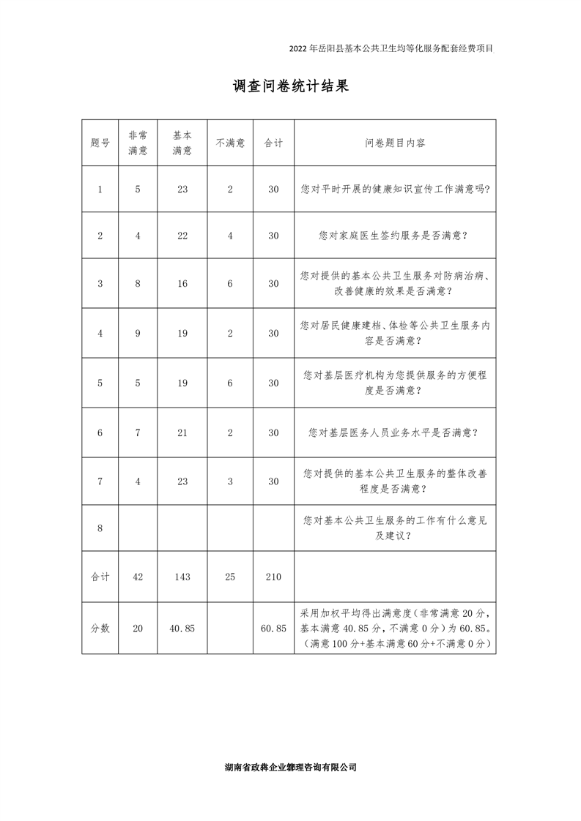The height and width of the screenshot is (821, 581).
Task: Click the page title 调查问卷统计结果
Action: [290, 86]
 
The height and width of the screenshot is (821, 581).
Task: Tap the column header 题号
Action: [100, 143]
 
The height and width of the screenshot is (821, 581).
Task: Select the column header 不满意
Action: [230, 143]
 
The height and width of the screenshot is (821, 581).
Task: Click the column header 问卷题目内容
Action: [395, 143]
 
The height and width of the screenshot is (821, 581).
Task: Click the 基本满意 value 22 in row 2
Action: [182, 236]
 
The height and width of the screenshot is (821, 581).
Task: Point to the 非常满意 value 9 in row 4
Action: [138, 333]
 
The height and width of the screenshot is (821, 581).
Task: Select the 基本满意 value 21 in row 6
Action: [182, 432]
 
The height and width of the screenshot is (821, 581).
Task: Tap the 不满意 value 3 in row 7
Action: [230, 481]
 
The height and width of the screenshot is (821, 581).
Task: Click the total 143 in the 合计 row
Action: [182, 577]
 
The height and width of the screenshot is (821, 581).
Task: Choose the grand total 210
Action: [273, 577]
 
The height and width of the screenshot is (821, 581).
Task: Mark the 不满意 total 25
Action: [230, 577]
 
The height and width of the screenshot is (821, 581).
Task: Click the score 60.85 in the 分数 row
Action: [273, 629]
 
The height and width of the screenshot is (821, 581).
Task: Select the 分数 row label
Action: [100, 629]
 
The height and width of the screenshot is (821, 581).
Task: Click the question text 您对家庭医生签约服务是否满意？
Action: [395, 236]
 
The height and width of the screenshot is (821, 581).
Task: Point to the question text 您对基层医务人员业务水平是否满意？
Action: [395, 432]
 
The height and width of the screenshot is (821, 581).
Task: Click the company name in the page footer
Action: [290, 768]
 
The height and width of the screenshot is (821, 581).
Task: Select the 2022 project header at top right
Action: [392, 49]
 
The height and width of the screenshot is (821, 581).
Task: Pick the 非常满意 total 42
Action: [138, 577]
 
